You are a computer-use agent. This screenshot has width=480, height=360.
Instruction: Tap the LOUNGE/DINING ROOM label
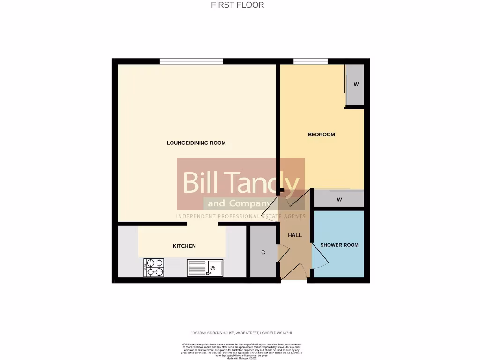coord(196,143)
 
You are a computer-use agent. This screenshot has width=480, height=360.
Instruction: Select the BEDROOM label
coord(321,135)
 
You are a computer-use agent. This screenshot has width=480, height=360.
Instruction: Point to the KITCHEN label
coord(184,246)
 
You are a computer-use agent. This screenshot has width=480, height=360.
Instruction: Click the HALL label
coord(295,235)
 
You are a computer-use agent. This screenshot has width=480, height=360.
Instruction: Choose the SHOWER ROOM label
coord(339,245)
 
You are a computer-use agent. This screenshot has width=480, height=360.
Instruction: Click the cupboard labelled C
coord(263,252)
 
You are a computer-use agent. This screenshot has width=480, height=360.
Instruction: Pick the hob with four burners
coord(153,268)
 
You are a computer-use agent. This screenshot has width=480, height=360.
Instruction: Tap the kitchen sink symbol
coord(205,268)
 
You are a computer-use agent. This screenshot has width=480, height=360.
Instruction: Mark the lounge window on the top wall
coord(191,61)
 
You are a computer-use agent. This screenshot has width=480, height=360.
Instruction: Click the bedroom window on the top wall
coord(310,61)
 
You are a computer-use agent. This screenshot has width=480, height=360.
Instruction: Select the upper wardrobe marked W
coord(355,85)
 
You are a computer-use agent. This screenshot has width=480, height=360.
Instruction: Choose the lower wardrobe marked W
coord(339,199)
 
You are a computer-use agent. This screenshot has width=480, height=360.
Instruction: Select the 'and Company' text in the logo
coord(237,203)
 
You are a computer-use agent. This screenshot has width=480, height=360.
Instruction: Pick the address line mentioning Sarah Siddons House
coord(240,333)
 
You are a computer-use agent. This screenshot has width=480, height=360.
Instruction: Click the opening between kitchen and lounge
coord(202,224)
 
